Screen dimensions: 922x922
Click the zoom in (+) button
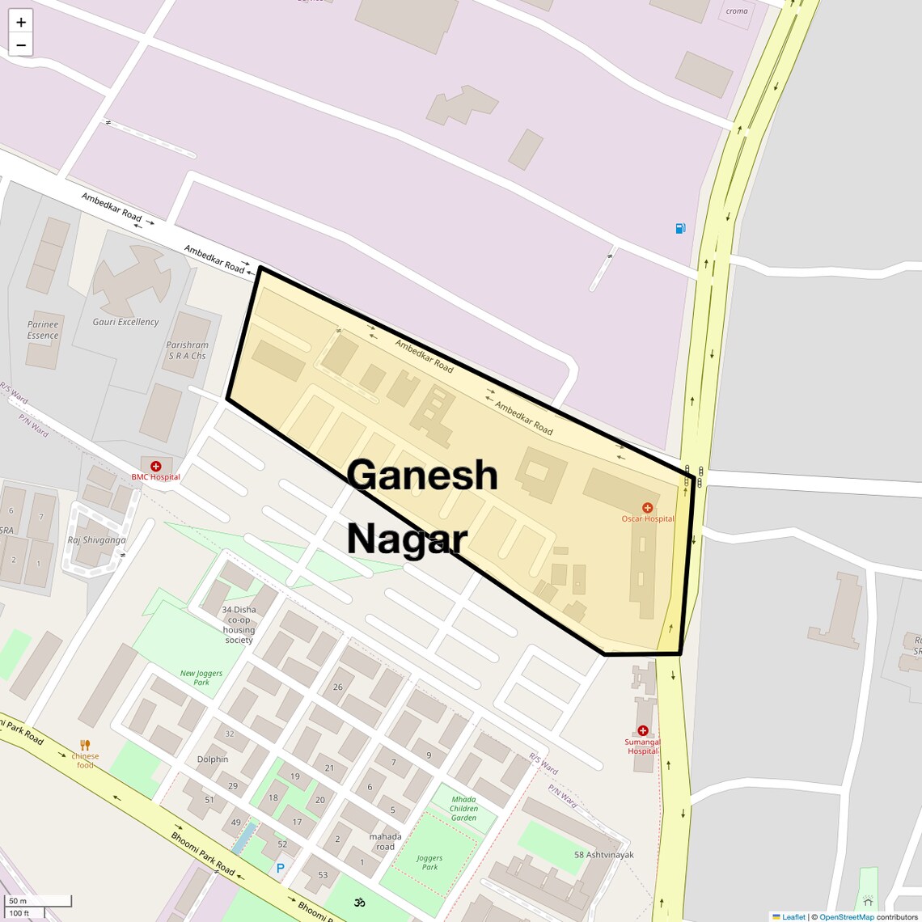pos(21,22)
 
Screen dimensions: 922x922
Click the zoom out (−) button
pos(21,45)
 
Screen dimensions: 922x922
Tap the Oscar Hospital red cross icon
pos(647,508)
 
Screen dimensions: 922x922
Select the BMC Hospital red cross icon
pos(156,467)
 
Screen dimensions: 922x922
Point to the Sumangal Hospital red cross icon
pos(643,731)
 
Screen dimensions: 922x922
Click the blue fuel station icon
pos(680,229)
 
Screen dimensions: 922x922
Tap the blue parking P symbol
pos(281,868)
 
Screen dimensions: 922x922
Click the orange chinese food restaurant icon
pos(85,745)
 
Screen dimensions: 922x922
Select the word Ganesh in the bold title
pos(422,475)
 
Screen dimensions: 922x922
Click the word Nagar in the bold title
pos(407,539)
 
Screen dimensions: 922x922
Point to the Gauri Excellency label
pos(125,322)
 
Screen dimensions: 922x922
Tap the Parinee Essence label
pos(43,330)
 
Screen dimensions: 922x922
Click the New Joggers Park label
pos(201,677)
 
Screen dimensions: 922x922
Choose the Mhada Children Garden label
pos(463,808)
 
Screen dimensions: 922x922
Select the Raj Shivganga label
pos(96,540)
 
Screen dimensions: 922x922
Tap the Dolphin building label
pos(213,759)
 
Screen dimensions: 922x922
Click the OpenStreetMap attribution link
pos(846,917)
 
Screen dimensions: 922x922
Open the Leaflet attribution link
pos(793,917)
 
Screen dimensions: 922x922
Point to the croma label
pos(737,11)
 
